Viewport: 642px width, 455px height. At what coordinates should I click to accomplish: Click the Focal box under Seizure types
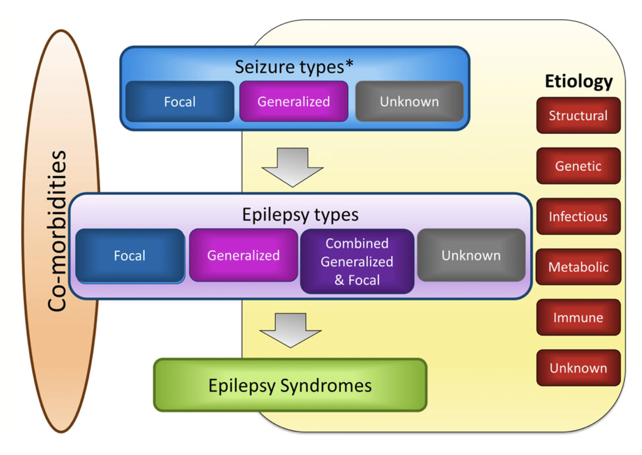point(180,102)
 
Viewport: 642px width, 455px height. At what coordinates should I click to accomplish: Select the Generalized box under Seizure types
point(294,102)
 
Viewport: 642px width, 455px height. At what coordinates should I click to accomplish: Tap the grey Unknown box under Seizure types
point(409,102)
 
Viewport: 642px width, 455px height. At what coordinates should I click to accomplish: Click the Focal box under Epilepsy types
point(130,256)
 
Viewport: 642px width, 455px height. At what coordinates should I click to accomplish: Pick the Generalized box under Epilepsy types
point(244,256)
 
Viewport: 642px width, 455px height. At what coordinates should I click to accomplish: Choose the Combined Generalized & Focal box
point(357,262)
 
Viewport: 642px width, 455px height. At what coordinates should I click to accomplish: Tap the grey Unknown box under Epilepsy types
point(471,256)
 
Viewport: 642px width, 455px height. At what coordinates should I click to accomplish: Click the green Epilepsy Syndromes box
point(290,385)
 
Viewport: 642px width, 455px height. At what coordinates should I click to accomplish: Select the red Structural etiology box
point(578,115)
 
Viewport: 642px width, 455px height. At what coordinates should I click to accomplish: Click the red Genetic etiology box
point(578,166)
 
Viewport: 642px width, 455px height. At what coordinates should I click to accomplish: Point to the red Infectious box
point(578,217)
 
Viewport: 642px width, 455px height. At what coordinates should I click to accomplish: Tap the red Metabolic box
point(578,267)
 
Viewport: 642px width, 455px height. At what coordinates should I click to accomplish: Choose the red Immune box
point(578,318)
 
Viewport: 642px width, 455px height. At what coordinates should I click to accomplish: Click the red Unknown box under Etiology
point(578,368)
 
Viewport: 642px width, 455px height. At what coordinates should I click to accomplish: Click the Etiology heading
point(579,81)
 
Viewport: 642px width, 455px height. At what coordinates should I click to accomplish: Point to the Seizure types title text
point(294,67)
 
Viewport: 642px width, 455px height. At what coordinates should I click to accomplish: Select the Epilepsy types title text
point(300,214)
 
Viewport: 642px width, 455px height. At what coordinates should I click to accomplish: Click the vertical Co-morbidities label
point(57,231)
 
